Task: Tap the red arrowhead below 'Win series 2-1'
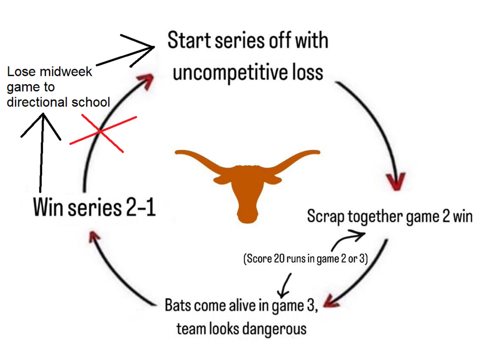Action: [x=94, y=237]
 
